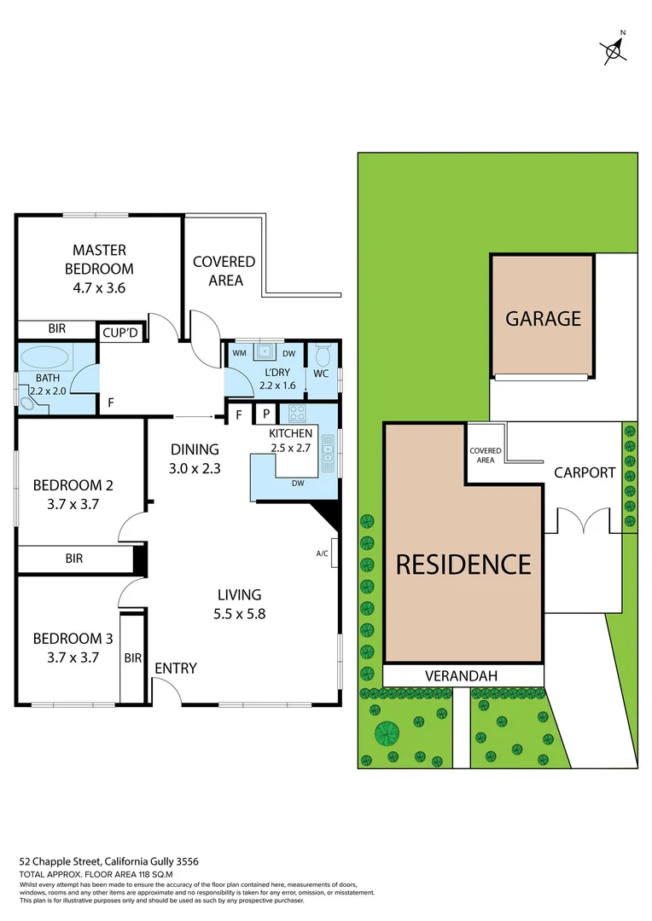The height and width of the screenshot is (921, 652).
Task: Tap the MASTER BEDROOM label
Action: (99, 258)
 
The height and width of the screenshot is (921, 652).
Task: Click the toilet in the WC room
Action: (323, 356)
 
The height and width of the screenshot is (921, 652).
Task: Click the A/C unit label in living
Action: (323, 553)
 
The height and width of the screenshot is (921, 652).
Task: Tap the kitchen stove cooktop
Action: (297, 414)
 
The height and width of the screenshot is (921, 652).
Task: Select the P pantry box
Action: (265, 414)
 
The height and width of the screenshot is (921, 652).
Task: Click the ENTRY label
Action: (176, 669)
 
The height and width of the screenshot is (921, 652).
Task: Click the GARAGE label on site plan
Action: (544, 318)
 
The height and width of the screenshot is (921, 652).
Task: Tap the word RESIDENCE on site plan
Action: (463, 564)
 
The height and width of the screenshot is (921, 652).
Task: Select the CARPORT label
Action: (585, 472)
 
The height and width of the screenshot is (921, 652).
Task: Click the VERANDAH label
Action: (462, 675)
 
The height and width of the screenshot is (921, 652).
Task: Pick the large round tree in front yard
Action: (388, 732)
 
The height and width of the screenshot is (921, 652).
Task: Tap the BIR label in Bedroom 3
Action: (133, 657)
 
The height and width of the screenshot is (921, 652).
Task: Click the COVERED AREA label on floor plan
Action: (224, 271)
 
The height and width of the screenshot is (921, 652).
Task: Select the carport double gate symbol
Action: (584, 521)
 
